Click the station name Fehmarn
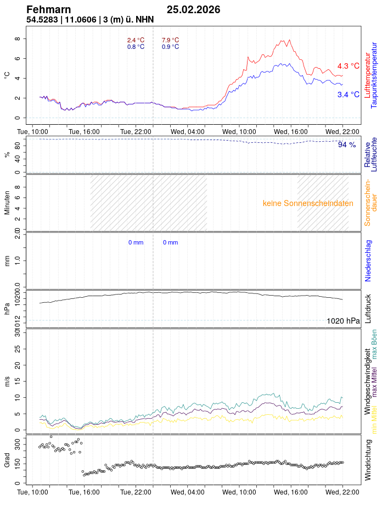[x=48, y=9]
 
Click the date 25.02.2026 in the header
[x=193, y=9]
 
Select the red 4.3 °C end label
[x=348, y=66]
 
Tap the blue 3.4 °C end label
[x=348, y=95]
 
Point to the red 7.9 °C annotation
[x=170, y=40]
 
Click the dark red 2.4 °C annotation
[x=136, y=40]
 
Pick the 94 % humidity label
[x=347, y=145]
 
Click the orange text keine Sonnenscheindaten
[x=308, y=203]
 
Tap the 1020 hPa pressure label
[x=343, y=321]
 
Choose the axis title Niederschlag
[x=369, y=260]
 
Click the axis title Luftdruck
[x=369, y=309]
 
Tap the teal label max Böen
[x=374, y=345]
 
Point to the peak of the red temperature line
[x=289, y=40]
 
